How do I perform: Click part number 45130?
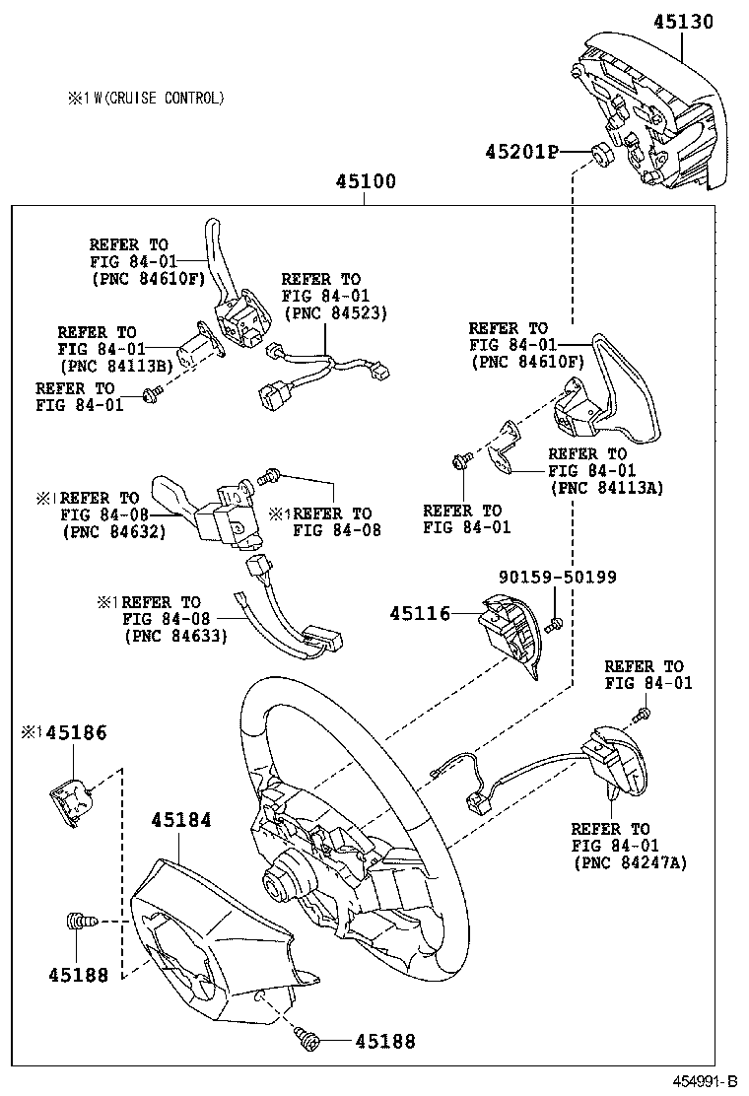(x=694, y=21)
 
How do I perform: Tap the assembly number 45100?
(x=365, y=181)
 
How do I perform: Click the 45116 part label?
(x=420, y=613)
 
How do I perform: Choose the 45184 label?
(x=180, y=819)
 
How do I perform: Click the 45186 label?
(x=69, y=732)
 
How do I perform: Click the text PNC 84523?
(x=335, y=312)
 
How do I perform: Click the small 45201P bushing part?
(x=598, y=154)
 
